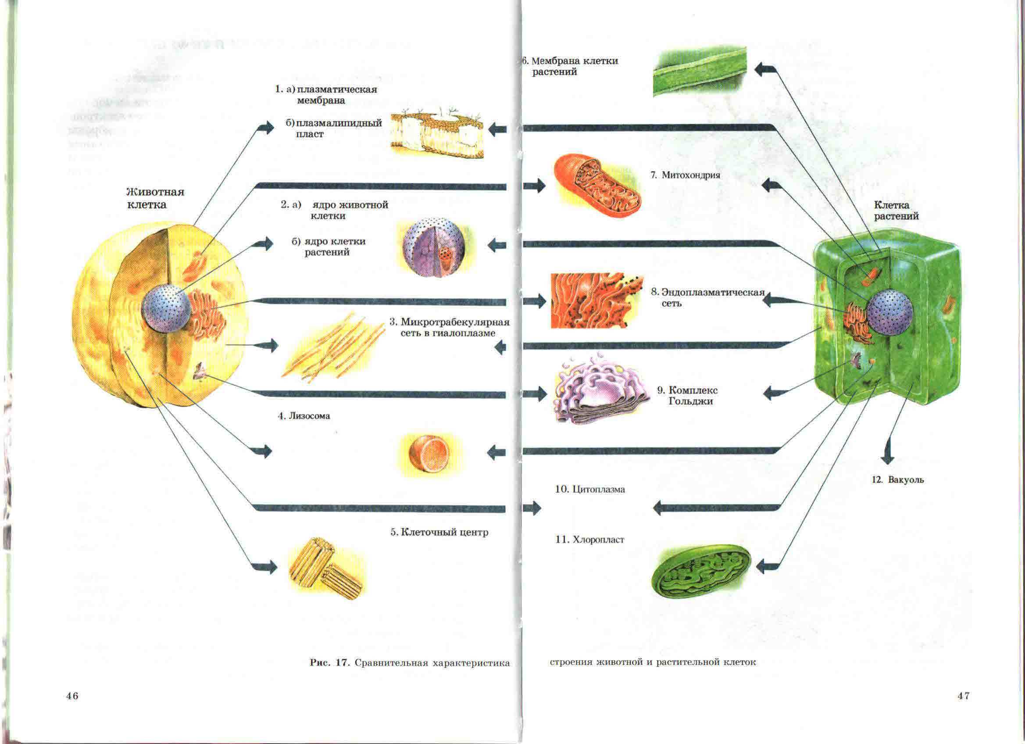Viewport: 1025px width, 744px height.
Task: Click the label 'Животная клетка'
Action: tap(155, 198)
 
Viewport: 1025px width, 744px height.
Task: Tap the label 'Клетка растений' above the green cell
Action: tap(896, 210)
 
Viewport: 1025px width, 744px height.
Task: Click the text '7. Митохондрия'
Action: tap(685, 175)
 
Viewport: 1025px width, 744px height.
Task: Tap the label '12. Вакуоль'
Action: tap(897, 480)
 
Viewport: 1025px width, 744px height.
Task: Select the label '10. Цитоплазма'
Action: tap(590, 489)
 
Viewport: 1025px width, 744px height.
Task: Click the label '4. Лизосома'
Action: tap(304, 416)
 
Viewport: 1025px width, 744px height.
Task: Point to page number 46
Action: tap(72, 696)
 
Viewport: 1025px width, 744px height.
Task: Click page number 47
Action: tap(964, 696)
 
